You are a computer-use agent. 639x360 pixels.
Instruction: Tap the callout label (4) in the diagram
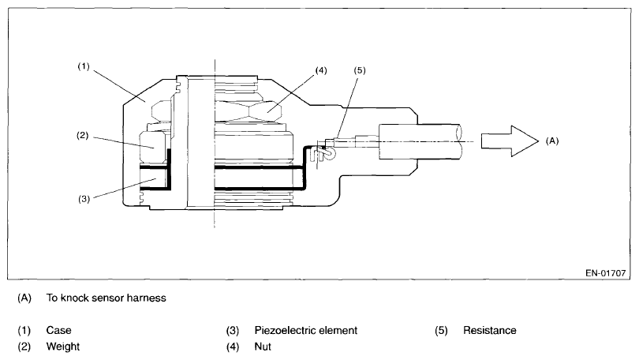[321, 70]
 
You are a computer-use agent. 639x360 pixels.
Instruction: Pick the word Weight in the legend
[62, 347]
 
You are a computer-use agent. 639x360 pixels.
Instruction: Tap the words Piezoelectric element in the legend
[306, 330]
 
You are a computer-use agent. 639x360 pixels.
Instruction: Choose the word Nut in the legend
[263, 347]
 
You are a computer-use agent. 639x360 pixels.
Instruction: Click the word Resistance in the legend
[490, 330]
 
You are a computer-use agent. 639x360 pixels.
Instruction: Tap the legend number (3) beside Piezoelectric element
[234, 330]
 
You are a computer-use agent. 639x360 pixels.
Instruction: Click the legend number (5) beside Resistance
[442, 330]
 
